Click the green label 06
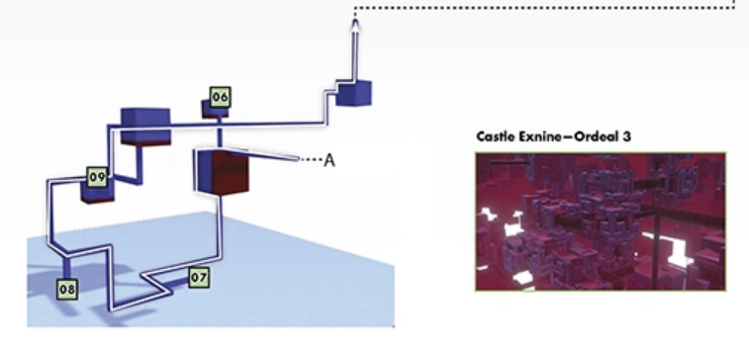tap(220, 97)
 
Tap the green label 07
tap(199, 277)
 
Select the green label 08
tap(67, 290)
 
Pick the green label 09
tap(97, 177)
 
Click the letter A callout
tap(329, 160)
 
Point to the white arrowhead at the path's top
tap(354, 25)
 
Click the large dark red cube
tap(222, 171)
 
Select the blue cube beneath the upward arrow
tap(353, 93)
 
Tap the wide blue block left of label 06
tap(145, 126)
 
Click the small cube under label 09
tap(98, 193)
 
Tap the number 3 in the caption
tap(626, 137)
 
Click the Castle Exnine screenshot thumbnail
tap(601, 222)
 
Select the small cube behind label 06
tap(215, 111)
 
